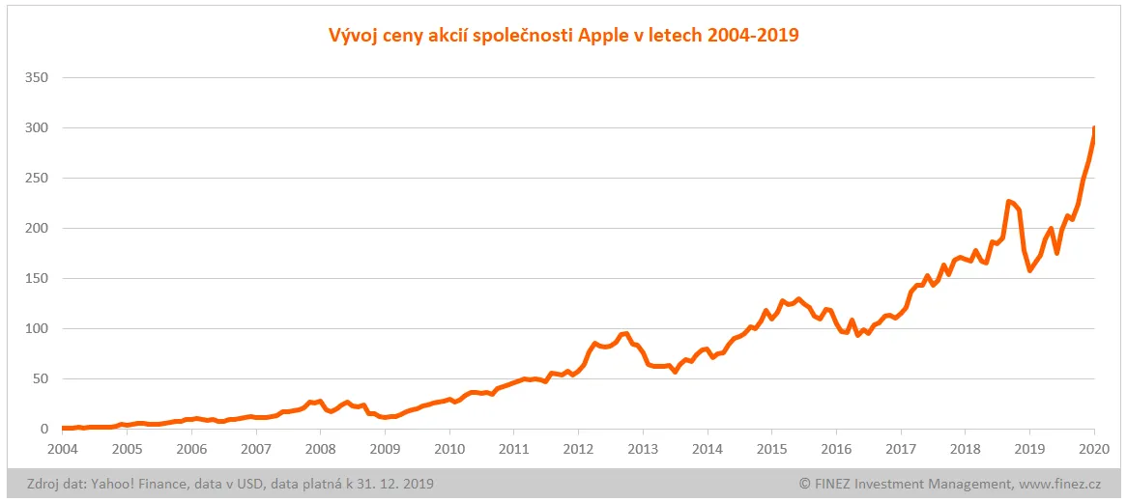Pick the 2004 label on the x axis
click(x=62, y=449)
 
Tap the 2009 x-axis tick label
click(x=385, y=449)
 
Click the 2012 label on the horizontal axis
click(x=578, y=449)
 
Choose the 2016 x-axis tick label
click(x=836, y=449)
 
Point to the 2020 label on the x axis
click(x=1094, y=449)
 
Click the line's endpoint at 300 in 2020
click(x=1094, y=128)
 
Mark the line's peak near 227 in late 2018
click(x=1008, y=201)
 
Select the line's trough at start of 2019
click(x=1029, y=270)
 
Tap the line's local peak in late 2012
click(x=626, y=334)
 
